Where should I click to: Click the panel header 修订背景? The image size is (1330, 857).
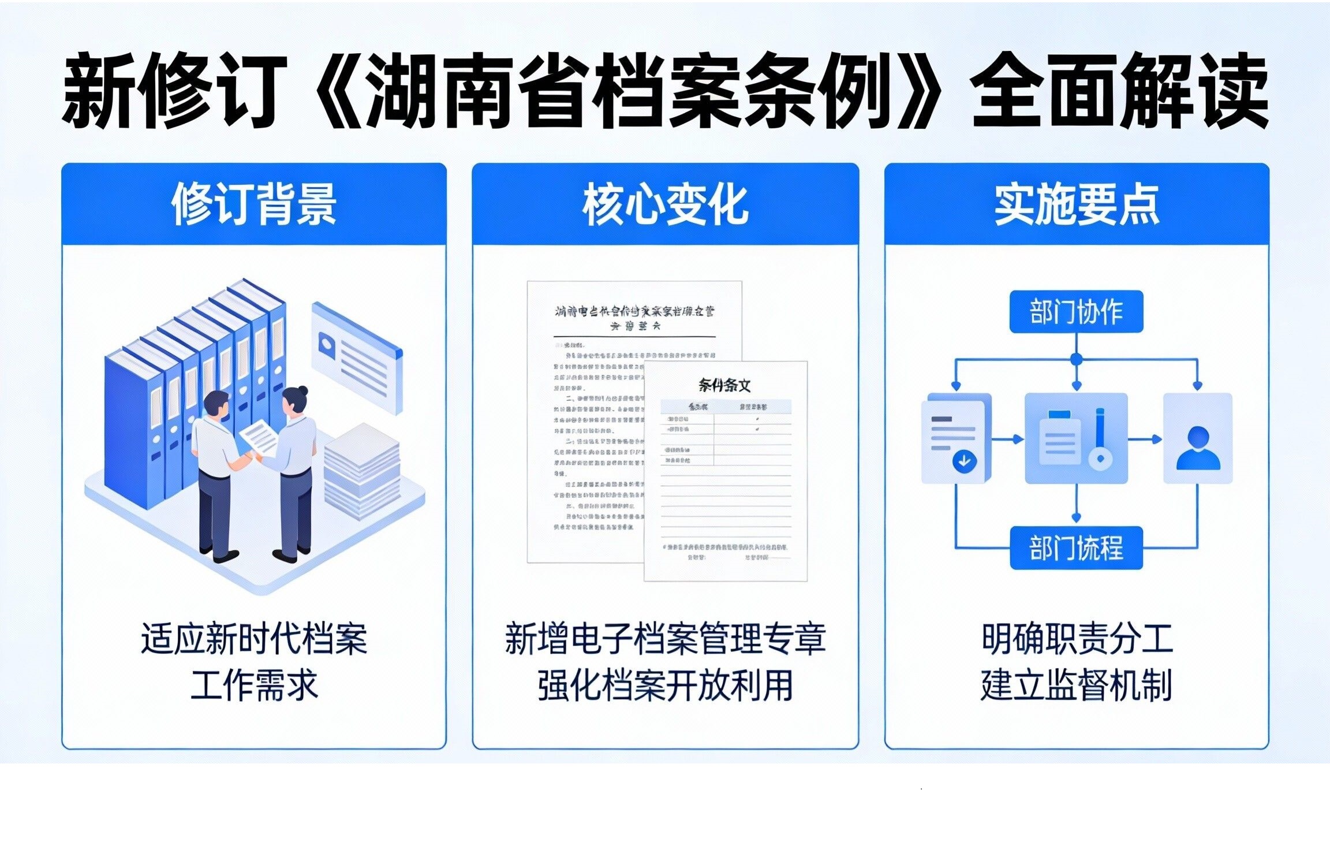[254, 204]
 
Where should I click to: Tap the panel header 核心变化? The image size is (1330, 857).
[665, 204]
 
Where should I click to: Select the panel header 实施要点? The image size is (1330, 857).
[1077, 204]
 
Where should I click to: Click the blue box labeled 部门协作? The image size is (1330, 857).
[1076, 312]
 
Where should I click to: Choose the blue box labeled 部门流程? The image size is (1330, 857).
[1076, 547]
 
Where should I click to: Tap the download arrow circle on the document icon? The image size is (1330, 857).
[964, 461]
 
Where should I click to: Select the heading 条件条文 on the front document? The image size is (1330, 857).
[724, 385]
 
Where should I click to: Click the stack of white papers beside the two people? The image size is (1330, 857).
[362, 471]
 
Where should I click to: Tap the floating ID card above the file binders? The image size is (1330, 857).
[357, 358]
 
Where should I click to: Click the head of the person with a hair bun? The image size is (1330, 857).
[296, 400]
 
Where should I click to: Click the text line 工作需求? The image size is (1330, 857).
[254, 685]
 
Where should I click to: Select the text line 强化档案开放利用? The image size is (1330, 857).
[665, 685]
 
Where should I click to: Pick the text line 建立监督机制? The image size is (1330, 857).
[1077, 685]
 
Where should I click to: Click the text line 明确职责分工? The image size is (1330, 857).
[1077, 639]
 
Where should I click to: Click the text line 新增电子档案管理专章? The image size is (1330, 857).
[665, 639]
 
